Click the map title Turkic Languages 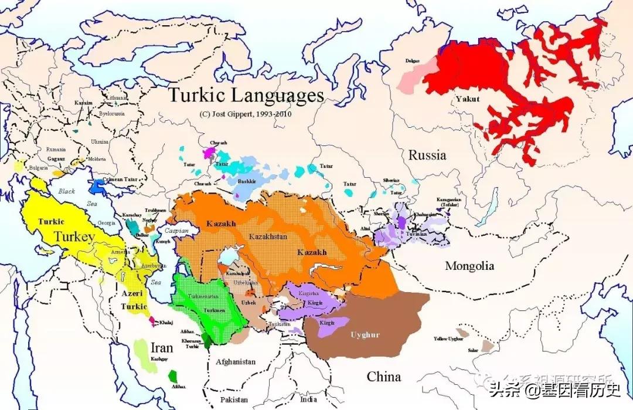point(246,94)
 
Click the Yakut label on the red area point(468,99)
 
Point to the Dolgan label point(413,61)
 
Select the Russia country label point(427,155)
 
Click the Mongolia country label point(469,266)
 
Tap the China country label point(384,376)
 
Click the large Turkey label point(74,237)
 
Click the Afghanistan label point(236,362)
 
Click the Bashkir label point(246,182)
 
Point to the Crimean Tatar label point(121,179)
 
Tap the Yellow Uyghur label point(448,338)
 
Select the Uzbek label point(248,302)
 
